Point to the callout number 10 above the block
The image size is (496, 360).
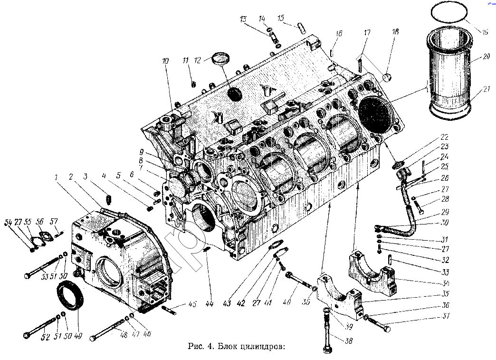(x=165, y=61)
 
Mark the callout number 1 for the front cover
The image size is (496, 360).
(x=56, y=177)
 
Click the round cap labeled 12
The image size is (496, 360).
(x=221, y=59)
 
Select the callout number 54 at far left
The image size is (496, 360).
(x=8, y=223)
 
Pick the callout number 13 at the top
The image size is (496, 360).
(x=243, y=19)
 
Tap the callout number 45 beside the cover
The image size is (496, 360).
(x=192, y=304)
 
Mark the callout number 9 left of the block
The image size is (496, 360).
(x=141, y=152)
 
